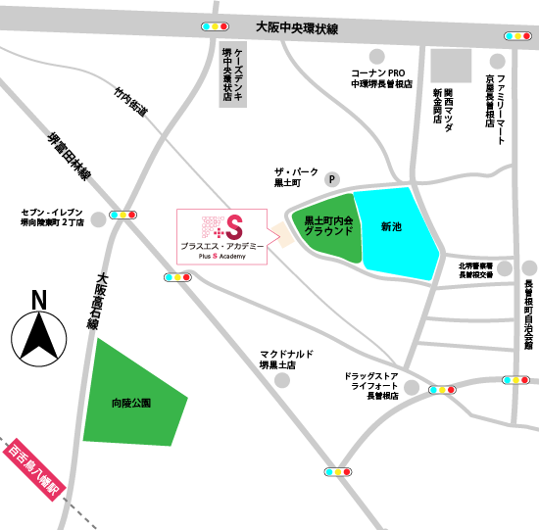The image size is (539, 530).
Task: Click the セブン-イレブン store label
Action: [53, 217]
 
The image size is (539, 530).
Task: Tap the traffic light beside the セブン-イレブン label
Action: [123, 213]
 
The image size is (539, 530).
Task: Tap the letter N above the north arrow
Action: [38, 300]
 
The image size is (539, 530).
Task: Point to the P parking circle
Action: [332, 179]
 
